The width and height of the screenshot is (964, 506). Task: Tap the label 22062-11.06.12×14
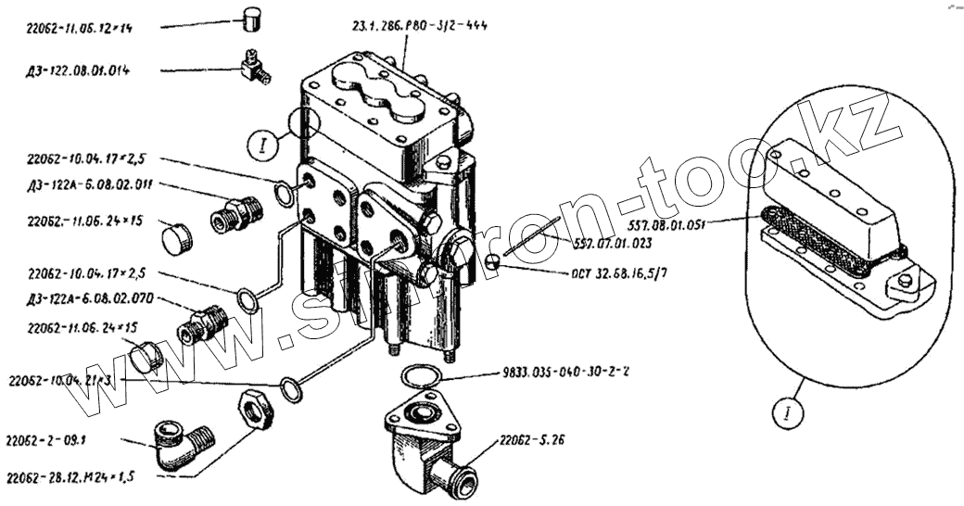80,29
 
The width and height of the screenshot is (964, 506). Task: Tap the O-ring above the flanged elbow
419,374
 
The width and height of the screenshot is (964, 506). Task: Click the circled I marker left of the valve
263,145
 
